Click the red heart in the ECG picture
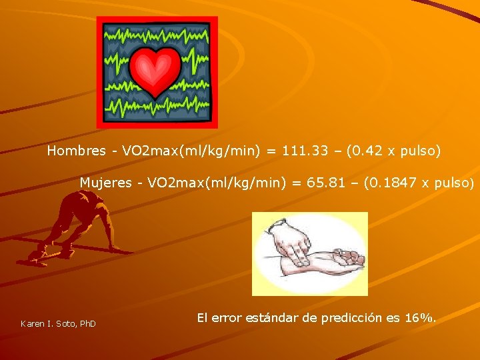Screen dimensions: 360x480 click(x=156, y=70)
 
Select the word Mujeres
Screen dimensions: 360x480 click(x=106, y=183)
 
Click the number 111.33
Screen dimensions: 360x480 click(x=305, y=151)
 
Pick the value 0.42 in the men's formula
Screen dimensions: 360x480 click(x=369, y=151)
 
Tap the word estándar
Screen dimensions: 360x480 click(x=272, y=318)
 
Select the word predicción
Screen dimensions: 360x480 click(x=352, y=318)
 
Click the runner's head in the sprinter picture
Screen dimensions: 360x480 click(x=85, y=198)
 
